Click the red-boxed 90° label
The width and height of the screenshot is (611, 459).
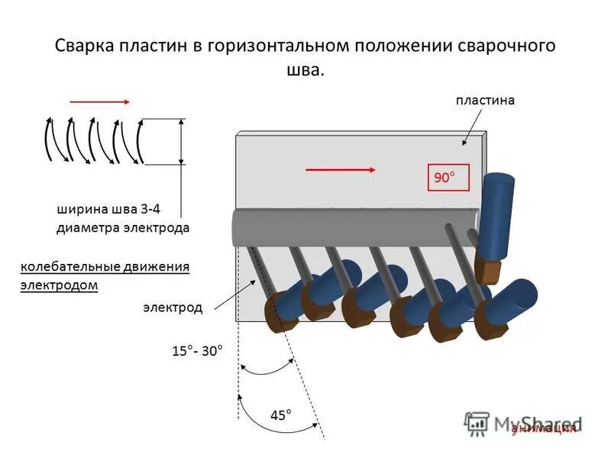point(444,177)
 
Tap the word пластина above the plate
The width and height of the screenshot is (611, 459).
point(486,100)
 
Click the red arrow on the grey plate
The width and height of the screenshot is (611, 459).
point(341,170)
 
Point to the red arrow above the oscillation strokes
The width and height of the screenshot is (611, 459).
point(100,101)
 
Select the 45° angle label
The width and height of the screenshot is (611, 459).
point(281,415)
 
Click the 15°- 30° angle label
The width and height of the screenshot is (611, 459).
point(197,351)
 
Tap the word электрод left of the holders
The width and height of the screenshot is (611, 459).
point(173,308)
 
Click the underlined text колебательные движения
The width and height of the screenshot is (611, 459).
point(104,267)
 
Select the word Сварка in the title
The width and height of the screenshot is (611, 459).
point(83,45)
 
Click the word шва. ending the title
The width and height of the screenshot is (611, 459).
point(305,70)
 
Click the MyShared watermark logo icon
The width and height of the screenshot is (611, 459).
point(477,422)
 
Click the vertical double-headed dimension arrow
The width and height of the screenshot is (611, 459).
point(181,142)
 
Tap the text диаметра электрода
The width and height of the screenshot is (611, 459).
point(123,227)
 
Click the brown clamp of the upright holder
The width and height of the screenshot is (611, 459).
point(487,269)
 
